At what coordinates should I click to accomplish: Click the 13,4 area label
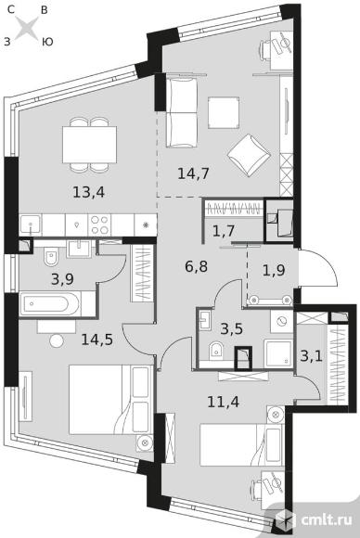click(88, 193)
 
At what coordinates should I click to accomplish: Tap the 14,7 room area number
click(193, 173)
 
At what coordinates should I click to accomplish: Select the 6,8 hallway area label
click(197, 266)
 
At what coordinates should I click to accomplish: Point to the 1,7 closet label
click(224, 231)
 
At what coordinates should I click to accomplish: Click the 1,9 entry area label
click(274, 270)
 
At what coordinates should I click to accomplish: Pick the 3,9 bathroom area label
click(62, 279)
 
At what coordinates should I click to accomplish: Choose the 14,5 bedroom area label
click(97, 339)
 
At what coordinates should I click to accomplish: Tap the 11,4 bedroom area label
click(224, 402)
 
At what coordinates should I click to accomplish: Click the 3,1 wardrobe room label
click(311, 356)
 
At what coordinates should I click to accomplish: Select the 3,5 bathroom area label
click(231, 328)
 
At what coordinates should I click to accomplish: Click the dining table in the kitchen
click(89, 145)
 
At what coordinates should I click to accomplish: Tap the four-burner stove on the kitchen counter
click(99, 225)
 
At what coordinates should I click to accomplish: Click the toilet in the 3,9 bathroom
click(51, 257)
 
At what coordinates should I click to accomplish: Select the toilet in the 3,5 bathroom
click(216, 351)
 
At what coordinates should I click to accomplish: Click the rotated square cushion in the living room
click(249, 155)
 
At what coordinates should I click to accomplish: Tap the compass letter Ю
click(47, 42)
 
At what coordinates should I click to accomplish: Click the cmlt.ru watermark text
click(327, 519)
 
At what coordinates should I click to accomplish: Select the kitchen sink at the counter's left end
click(31, 225)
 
